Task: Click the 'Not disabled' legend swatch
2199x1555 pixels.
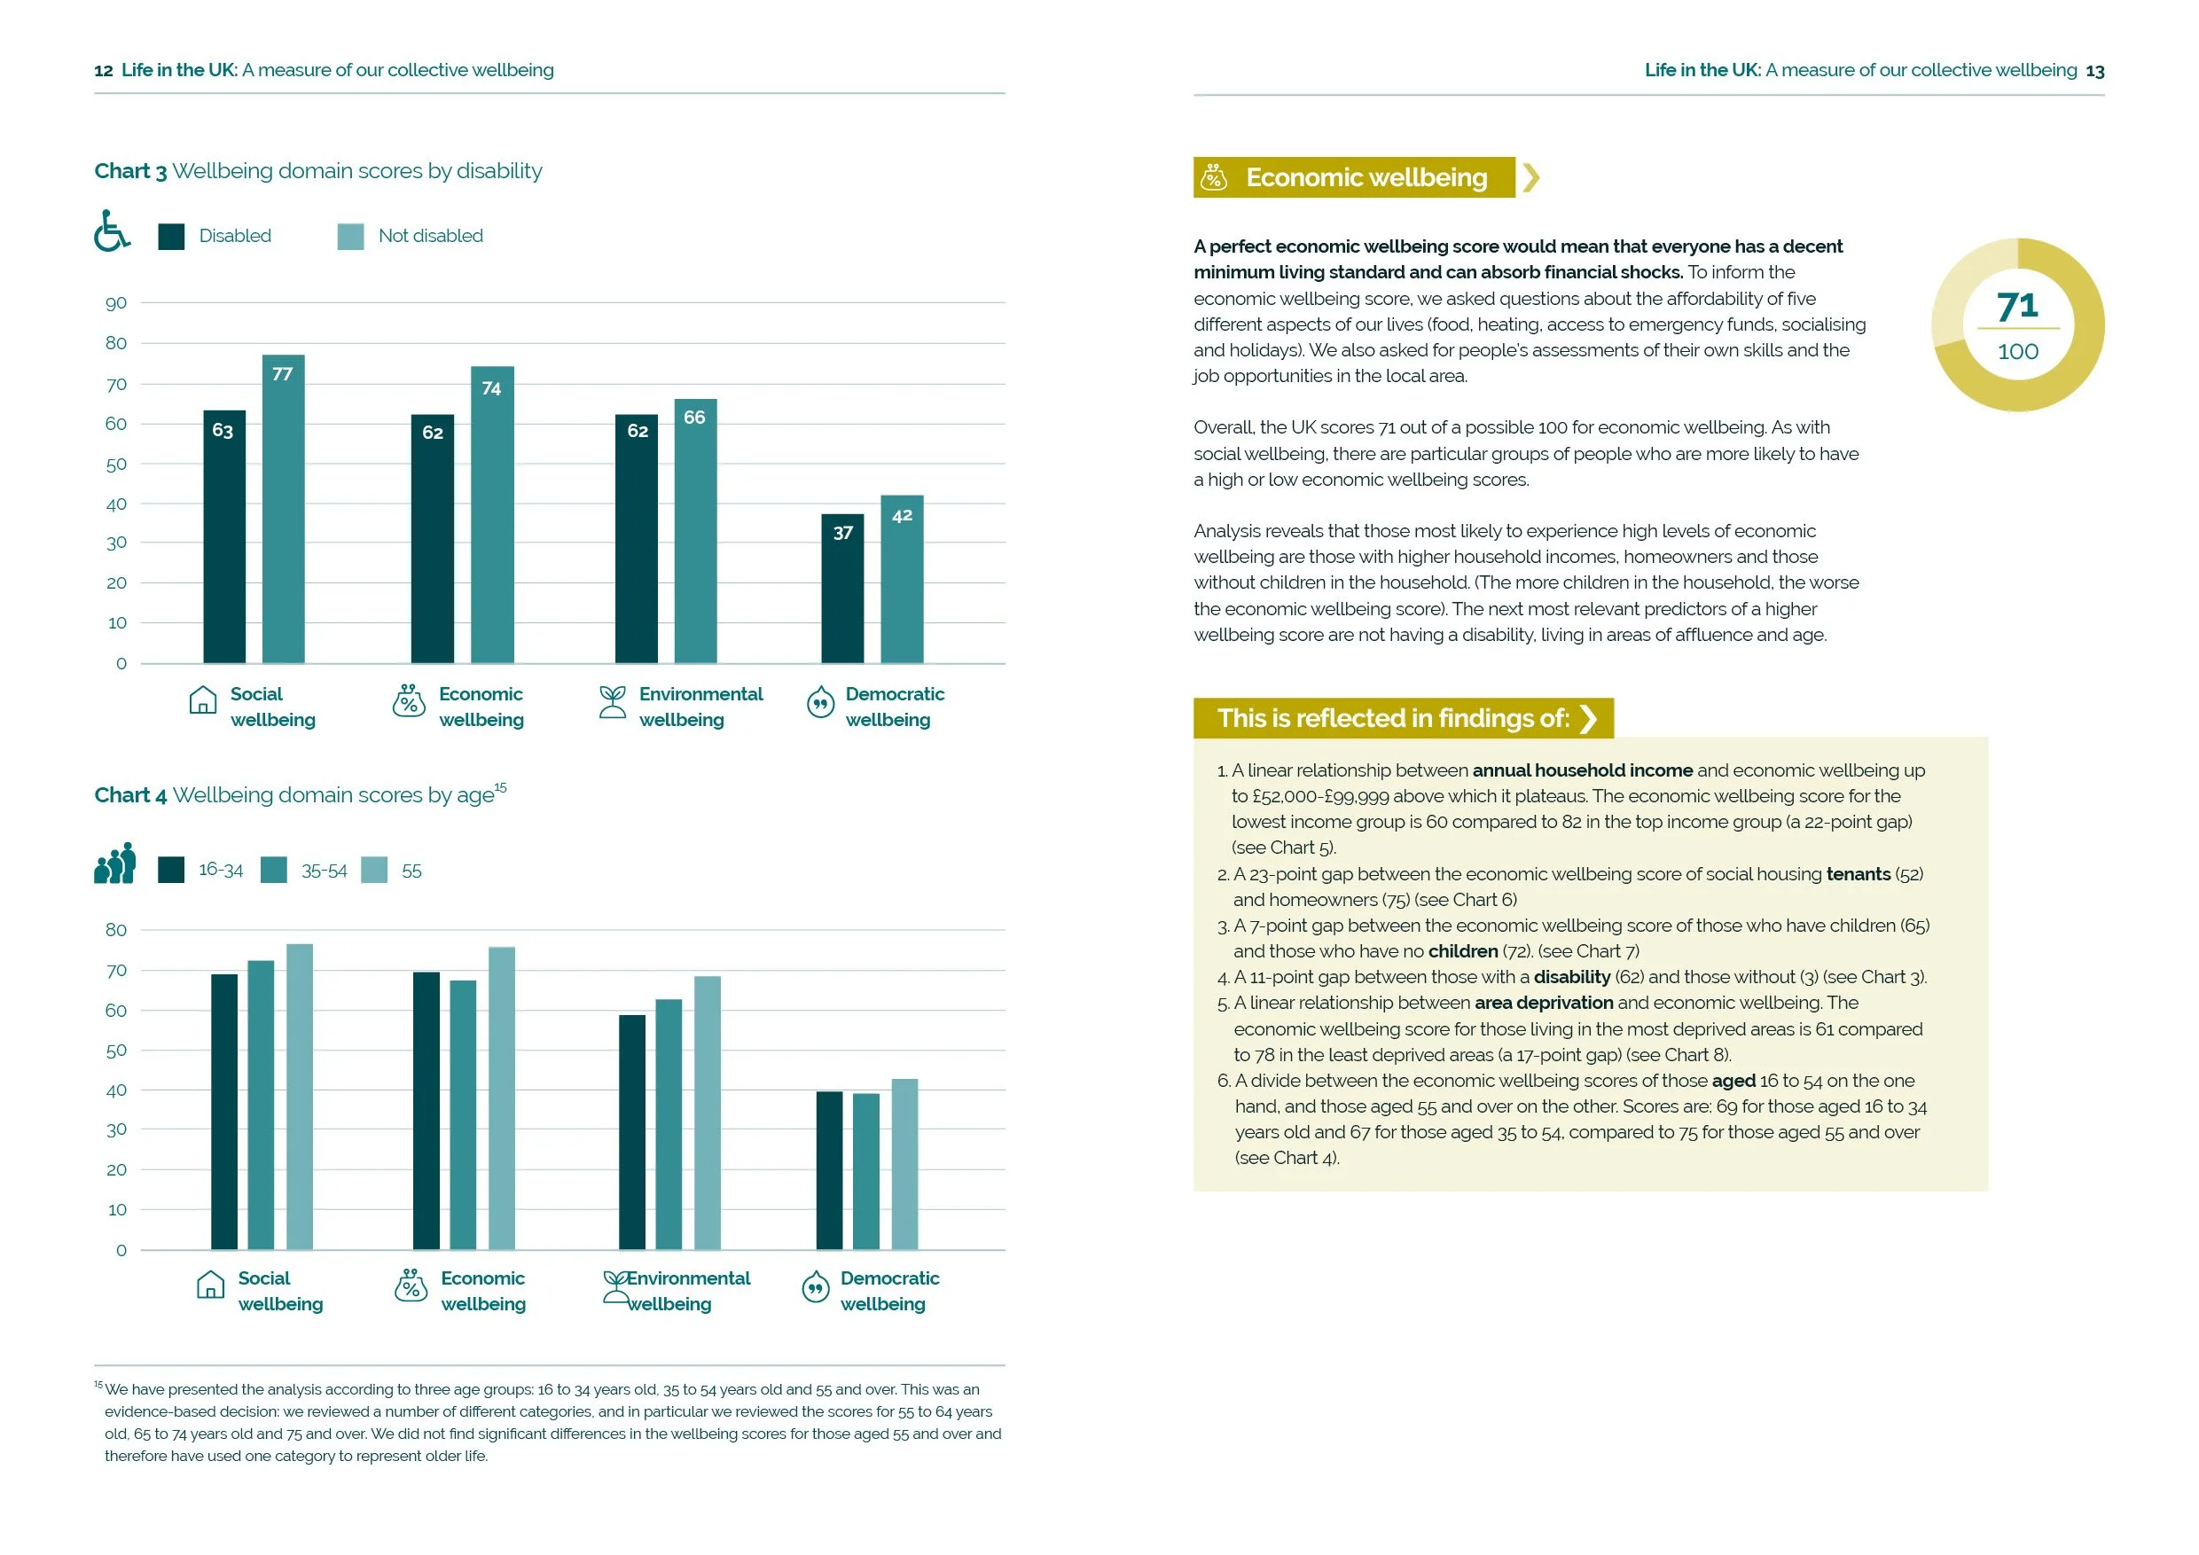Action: pyautogui.click(x=350, y=237)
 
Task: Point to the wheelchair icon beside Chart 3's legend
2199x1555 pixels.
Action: pyautogui.click(x=112, y=231)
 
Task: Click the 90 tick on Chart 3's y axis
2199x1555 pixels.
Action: pyautogui.click(x=116, y=303)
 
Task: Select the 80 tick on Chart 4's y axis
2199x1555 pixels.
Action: pyautogui.click(x=116, y=930)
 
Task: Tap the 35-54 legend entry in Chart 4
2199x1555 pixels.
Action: pyautogui.click(x=304, y=871)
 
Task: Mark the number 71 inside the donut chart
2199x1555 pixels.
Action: pyautogui.click(x=2017, y=307)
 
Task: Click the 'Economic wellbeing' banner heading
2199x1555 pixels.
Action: pyautogui.click(x=1366, y=178)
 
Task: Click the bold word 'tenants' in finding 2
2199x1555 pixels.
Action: pyautogui.click(x=1858, y=874)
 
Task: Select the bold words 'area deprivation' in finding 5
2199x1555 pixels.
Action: pyautogui.click(x=1544, y=1003)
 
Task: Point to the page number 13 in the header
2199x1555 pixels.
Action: pyautogui.click(x=2094, y=71)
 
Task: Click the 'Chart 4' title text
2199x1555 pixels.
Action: pyautogui.click(x=130, y=796)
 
